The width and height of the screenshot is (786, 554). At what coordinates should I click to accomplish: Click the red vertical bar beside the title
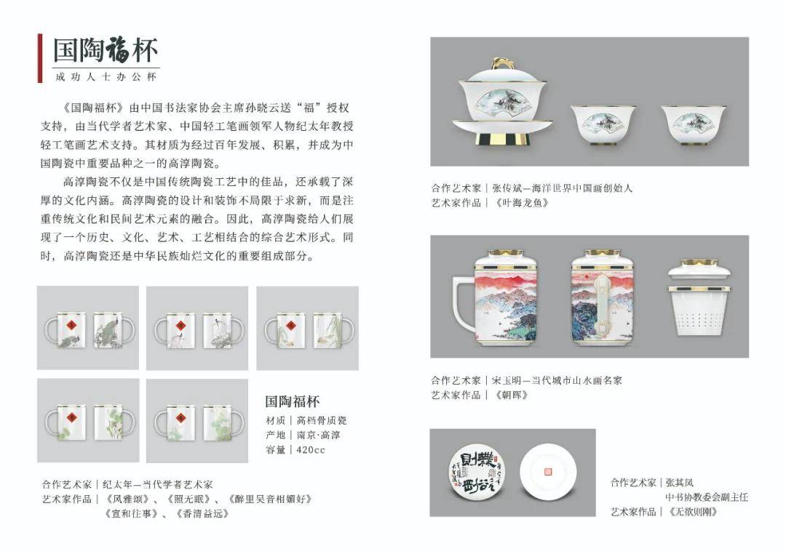[x=40, y=58]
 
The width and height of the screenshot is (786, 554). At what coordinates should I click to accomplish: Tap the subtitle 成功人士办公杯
[x=106, y=76]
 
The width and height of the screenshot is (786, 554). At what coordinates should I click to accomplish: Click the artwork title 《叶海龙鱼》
[x=522, y=203]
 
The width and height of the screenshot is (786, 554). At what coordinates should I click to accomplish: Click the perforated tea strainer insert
[x=699, y=312]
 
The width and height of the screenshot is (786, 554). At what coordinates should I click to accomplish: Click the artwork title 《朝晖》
[x=511, y=396]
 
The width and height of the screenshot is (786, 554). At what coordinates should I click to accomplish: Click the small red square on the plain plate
[x=548, y=471]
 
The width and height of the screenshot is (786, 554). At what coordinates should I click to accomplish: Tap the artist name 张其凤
[x=680, y=483]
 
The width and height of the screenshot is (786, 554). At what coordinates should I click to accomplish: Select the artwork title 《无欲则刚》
[x=693, y=512]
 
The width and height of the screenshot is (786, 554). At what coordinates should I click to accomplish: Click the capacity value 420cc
[x=311, y=450]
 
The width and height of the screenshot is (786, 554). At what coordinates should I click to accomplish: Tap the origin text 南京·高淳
[x=318, y=435]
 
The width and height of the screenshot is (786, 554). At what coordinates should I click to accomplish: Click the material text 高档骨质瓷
[x=322, y=420]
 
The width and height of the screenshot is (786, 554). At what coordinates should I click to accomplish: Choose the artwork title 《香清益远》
[x=202, y=514]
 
